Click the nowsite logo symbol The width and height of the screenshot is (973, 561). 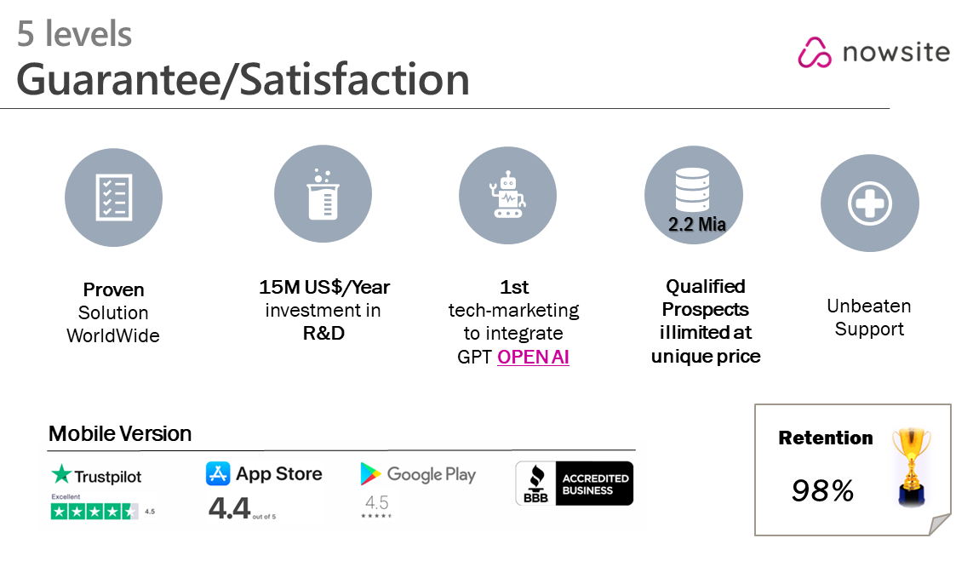(x=814, y=52)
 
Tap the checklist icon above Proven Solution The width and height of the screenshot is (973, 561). (x=113, y=197)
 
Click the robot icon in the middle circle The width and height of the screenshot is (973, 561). (x=507, y=194)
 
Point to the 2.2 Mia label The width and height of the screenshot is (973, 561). (x=697, y=224)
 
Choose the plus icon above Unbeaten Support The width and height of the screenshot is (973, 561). (x=869, y=203)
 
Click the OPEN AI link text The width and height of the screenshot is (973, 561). (x=533, y=357)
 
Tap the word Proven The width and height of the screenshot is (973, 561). (x=113, y=289)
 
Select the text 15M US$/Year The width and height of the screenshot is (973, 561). (x=324, y=288)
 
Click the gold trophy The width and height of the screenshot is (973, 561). (x=912, y=467)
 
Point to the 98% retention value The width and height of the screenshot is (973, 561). (x=822, y=491)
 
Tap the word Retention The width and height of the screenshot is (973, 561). (x=826, y=438)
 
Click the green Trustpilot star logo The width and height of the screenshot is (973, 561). (x=60, y=474)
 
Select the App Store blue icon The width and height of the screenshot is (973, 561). (x=218, y=473)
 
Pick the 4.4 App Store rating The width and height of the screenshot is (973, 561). (x=229, y=507)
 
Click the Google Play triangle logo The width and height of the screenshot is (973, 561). (x=369, y=473)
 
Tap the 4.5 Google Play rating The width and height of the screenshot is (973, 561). (x=376, y=502)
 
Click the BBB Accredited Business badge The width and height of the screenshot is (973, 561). (x=574, y=484)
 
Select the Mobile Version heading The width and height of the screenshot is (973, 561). (x=120, y=434)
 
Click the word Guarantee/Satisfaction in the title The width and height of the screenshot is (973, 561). (x=243, y=79)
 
